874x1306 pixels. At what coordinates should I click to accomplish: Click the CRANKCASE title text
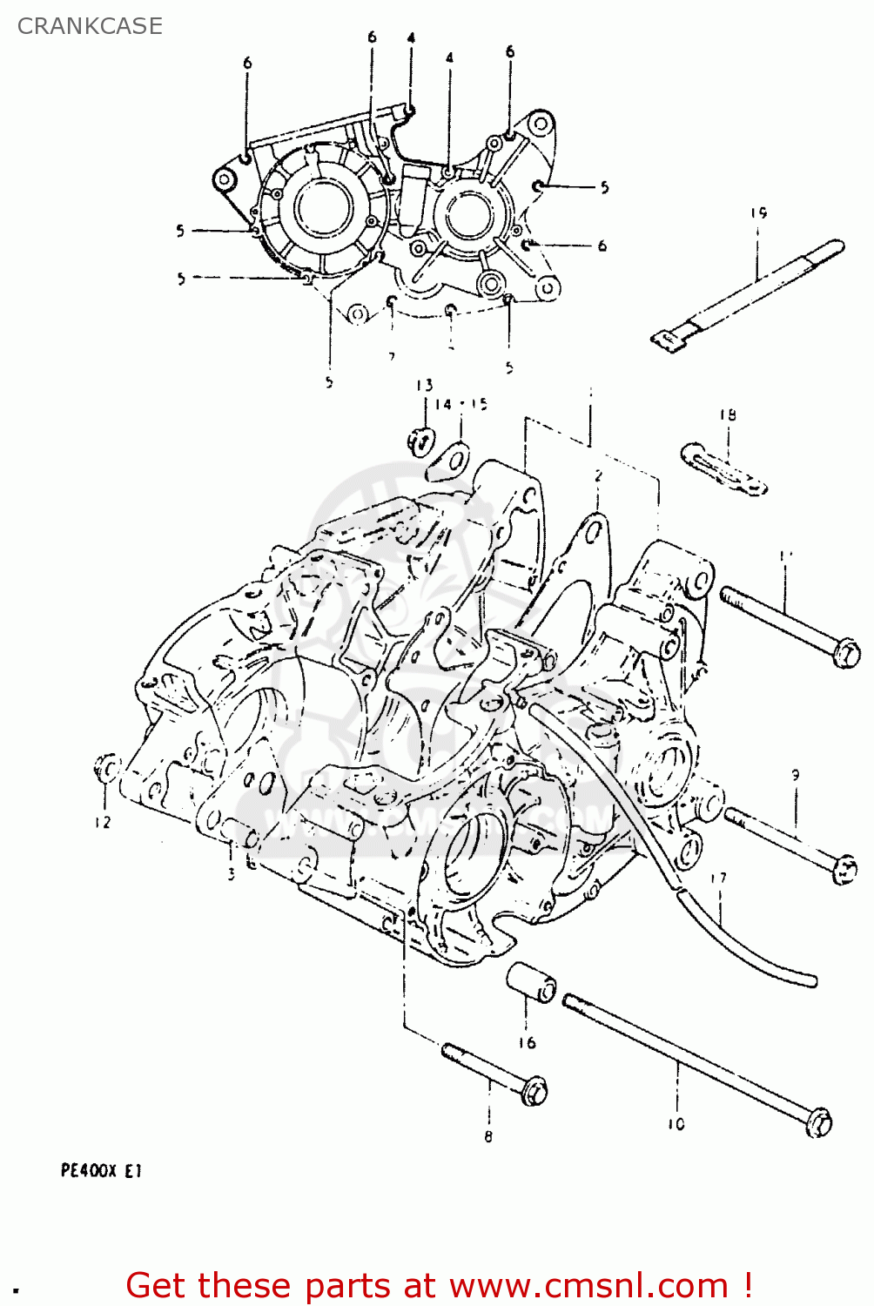click(90, 26)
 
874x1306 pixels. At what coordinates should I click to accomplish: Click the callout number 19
click(758, 213)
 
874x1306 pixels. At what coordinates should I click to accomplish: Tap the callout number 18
click(728, 415)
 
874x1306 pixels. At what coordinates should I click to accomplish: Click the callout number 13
click(424, 385)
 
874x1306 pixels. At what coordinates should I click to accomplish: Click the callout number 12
click(103, 822)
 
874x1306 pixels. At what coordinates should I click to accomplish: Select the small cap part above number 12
click(107, 769)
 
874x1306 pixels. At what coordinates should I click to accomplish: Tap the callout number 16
click(527, 1043)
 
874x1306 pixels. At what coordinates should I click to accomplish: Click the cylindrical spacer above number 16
click(531, 983)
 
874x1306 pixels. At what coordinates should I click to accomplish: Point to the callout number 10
click(676, 1124)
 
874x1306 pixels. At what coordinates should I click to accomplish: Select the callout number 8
click(488, 1136)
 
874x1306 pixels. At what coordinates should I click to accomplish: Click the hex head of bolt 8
click(534, 1090)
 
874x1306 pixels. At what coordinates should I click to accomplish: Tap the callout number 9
click(795, 774)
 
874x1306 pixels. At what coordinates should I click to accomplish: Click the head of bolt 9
click(844, 869)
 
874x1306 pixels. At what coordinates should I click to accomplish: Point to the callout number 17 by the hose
click(718, 879)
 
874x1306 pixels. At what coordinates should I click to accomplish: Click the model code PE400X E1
click(101, 1171)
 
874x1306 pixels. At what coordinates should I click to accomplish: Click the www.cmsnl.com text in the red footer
click(588, 1286)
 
